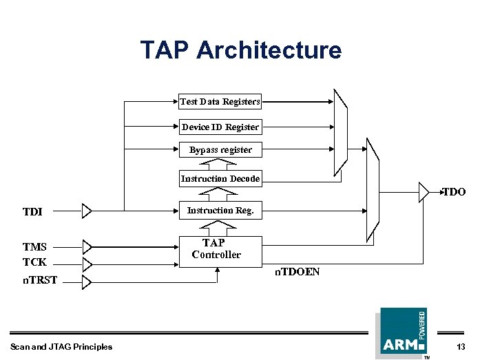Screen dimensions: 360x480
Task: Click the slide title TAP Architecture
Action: click(240, 50)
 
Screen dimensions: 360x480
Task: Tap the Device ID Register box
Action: click(220, 127)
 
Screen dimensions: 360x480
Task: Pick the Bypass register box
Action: click(220, 149)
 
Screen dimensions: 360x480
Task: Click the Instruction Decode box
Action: click(220, 179)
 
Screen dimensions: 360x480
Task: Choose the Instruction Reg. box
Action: click(220, 211)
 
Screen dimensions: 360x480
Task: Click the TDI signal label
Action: click(32, 211)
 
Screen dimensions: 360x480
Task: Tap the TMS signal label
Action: click(34, 247)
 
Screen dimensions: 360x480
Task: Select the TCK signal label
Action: click(34, 262)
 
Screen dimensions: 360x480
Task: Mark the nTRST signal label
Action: click(39, 280)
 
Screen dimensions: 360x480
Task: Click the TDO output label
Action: click(454, 192)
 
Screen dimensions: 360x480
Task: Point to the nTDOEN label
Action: click(298, 273)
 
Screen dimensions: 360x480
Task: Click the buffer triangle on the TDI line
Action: click(86, 211)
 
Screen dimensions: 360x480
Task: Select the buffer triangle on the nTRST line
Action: click(86, 282)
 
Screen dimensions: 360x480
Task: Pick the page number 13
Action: click(460, 346)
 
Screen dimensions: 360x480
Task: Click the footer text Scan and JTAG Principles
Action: click(61, 346)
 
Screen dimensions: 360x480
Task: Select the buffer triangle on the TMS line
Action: click(86, 246)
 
